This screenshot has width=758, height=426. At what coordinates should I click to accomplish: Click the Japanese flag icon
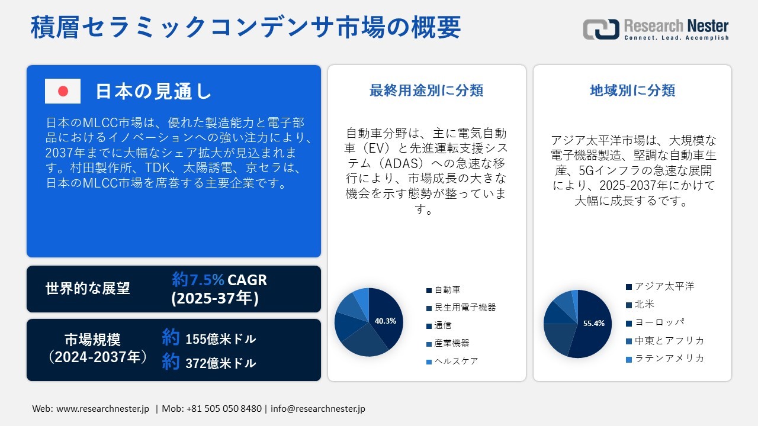pyautogui.click(x=63, y=91)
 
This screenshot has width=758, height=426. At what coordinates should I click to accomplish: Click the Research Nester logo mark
pyautogui.click(x=601, y=29)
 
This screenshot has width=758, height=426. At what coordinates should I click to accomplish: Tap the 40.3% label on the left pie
pyautogui.click(x=385, y=321)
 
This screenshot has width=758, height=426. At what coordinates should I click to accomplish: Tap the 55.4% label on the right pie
pyautogui.click(x=593, y=324)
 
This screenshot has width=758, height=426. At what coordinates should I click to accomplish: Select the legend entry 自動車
pyautogui.click(x=447, y=290)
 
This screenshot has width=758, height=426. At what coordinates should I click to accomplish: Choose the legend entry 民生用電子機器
pyautogui.click(x=465, y=308)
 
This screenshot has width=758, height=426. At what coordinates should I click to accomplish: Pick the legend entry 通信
pyautogui.click(x=444, y=325)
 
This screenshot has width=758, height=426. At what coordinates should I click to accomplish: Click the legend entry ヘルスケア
pyautogui.click(x=456, y=361)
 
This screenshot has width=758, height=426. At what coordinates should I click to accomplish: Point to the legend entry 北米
pyautogui.click(x=644, y=305)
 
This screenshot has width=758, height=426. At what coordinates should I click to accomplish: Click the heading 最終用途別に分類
pyautogui.click(x=426, y=91)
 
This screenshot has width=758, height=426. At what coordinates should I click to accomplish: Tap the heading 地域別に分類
pyautogui.click(x=632, y=91)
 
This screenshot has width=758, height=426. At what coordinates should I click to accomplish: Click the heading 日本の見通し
pyautogui.click(x=153, y=91)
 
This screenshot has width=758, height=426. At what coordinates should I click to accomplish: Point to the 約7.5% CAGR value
pyautogui.click(x=219, y=279)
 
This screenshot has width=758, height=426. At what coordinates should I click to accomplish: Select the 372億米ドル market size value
pyautogui.click(x=220, y=363)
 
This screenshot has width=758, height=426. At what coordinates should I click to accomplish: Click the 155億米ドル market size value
pyautogui.click(x=220, y=339)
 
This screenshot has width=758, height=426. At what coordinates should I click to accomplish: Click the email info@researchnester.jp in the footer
pyautogui.click(x=317, y=409)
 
